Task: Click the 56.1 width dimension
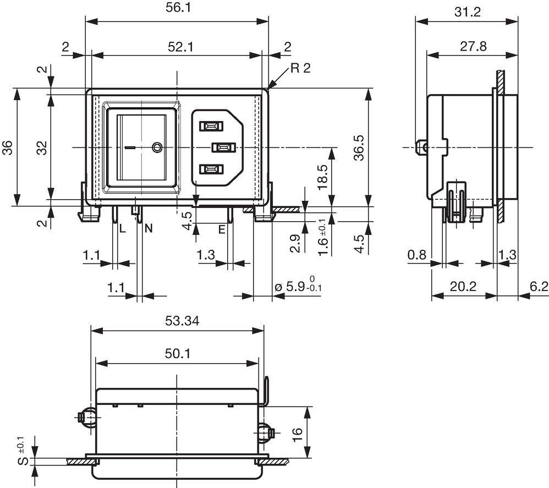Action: pos(178,7)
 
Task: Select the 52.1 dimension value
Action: pos(180,47)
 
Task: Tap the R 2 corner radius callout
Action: pos(300,68)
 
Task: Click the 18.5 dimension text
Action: pos(322,178)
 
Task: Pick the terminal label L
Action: pos(122,229)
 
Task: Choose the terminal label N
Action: pos(149,229)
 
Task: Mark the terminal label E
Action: pos(222,229)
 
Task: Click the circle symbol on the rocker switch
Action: pos(157,147)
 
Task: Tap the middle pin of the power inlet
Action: pos(223,147)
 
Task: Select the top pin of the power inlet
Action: pos(211,125)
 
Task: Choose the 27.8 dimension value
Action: pos(474,46)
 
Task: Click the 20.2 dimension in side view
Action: pos(463,286)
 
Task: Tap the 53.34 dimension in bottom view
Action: pos(182,321)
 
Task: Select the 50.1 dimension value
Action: pos(178,354)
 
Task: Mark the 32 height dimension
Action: pos(42,148)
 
